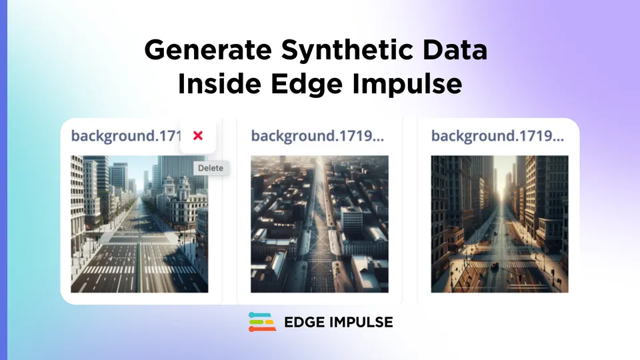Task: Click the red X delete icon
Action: [198, 135]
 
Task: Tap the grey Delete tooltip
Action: [211, 168]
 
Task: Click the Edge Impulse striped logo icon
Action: [262, 322]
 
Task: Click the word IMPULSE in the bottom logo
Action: [363, 323]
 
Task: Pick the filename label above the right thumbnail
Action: [497, 136]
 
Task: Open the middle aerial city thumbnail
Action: [319, 224]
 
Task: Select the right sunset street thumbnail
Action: [499, 224]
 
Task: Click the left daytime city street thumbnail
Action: [139, 224]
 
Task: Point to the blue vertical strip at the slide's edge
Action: [3, 180]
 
